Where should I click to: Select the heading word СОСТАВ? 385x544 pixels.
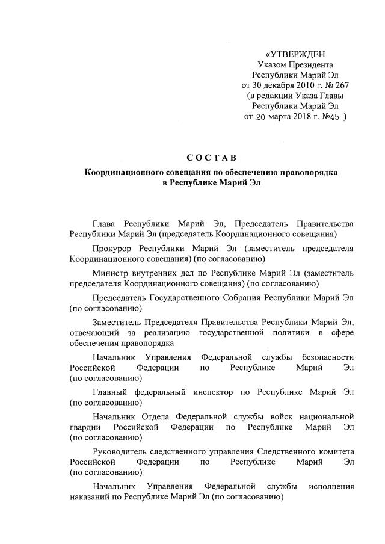(x=207, y=159)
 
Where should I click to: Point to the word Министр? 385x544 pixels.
(x=112, y=273)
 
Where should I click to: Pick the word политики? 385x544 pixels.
(x=295, y=332)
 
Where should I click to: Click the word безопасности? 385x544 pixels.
(x=327, y=357)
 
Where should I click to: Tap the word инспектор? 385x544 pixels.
(x=211, y=392)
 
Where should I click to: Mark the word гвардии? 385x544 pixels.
(x=85, y=427)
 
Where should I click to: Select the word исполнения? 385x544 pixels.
(x=331, y=486)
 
